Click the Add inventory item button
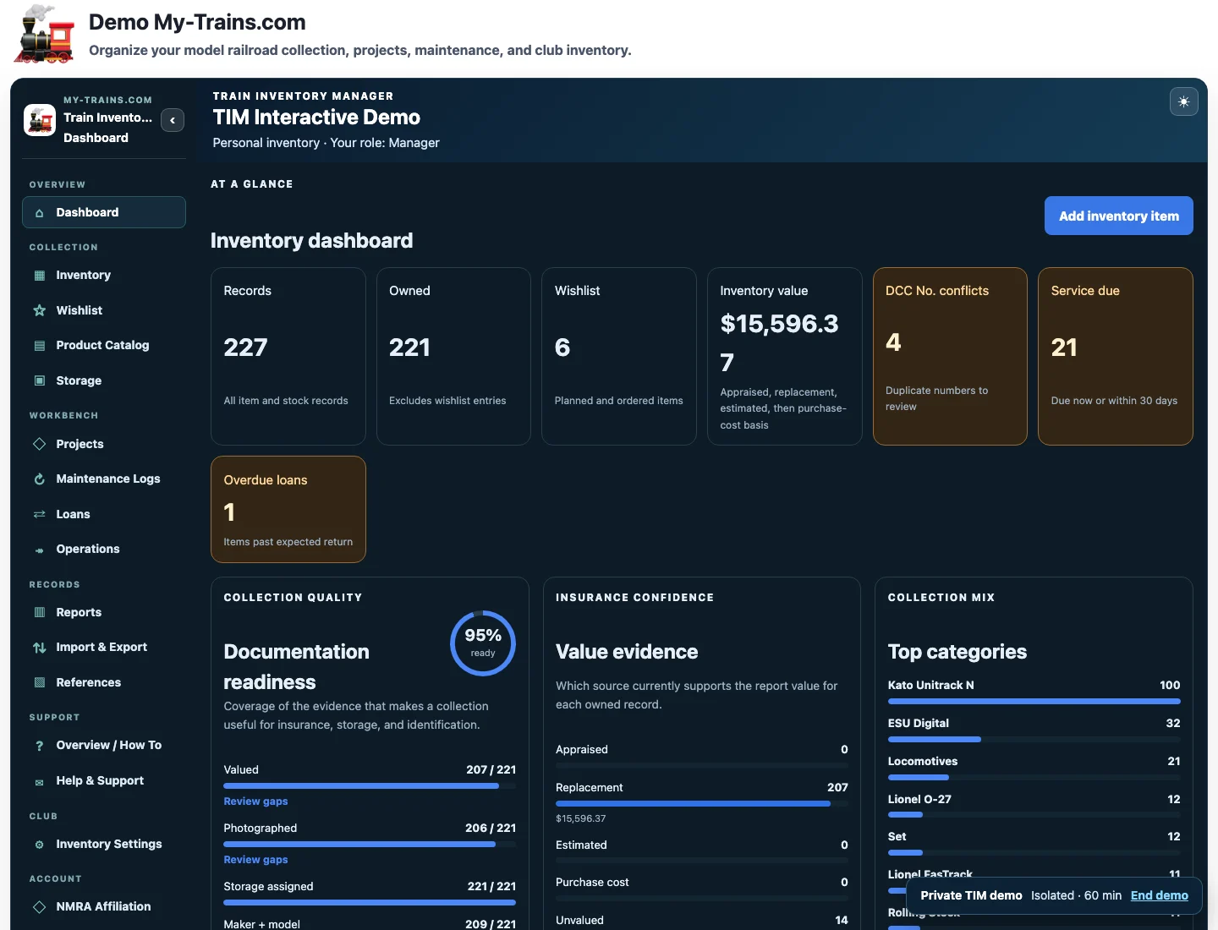pos(1118,216)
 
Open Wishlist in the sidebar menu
pos(79,310)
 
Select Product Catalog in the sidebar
pos(102,345)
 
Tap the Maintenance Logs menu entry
pos(107,479)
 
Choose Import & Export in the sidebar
pos(101,647)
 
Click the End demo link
pos(1159,895)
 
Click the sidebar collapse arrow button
pos(173,120)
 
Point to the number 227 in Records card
pos(245,347)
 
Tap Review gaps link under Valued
pos(255,801)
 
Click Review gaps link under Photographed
pos(255,859)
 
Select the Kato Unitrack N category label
pos(930,685)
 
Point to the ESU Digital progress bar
pos(934,739)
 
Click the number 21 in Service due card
pos(1064,347)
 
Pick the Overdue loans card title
pos(266,479)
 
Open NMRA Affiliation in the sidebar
pos(103,906)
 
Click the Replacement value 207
pos(837,787)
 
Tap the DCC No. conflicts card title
pos(936,291)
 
